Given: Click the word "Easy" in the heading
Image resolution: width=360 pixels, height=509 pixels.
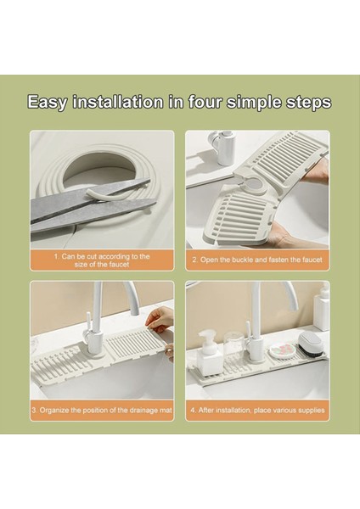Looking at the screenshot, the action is [x=48, y=103].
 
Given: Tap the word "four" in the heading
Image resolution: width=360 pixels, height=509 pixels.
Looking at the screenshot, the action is [x=205, y=102].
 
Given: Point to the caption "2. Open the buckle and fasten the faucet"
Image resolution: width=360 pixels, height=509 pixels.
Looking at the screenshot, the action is [x=257, y=260].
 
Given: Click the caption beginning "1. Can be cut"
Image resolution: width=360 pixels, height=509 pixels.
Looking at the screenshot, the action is [x=102, y=260].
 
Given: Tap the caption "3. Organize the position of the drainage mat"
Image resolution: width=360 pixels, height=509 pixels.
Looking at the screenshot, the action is [x=102, y=410].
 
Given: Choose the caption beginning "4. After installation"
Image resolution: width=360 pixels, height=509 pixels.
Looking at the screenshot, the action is [x=257, y=410].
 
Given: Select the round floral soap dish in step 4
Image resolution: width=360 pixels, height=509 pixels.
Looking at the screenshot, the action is [x=283, y=351].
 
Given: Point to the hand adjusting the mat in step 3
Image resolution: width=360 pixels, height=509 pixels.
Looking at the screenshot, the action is [x=160, y=321].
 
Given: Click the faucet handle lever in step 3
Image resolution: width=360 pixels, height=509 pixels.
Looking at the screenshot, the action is [x=87, y=325].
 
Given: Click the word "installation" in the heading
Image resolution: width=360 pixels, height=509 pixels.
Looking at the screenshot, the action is [x=118, y=102].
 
